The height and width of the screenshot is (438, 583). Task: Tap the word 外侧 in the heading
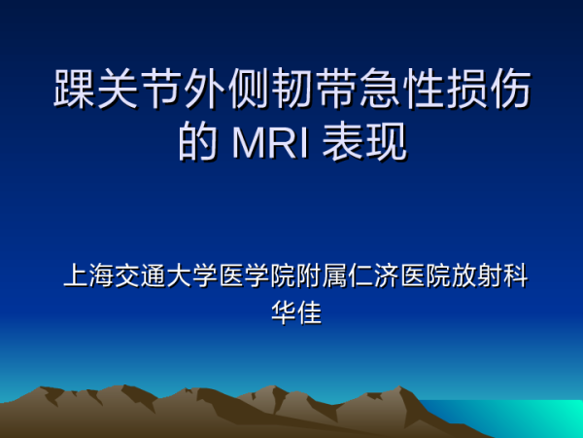227,89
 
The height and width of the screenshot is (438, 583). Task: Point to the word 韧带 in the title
315,89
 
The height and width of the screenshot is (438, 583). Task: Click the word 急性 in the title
402,89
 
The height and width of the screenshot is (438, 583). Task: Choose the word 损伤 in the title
490,89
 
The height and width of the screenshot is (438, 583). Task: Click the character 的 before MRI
198,141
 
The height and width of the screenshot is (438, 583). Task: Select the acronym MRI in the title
270,143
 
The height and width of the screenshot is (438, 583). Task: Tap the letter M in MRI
248,143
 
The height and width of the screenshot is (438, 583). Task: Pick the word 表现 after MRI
364,141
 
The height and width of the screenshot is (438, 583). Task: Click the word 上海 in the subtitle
88,275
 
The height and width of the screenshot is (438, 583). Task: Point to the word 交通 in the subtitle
140,275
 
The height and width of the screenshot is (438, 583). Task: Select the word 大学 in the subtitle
192,275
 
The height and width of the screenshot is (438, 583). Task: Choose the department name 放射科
490,275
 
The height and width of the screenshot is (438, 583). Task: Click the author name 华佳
296,312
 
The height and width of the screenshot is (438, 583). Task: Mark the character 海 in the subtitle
101,275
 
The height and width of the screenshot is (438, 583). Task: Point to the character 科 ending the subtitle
516,275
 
